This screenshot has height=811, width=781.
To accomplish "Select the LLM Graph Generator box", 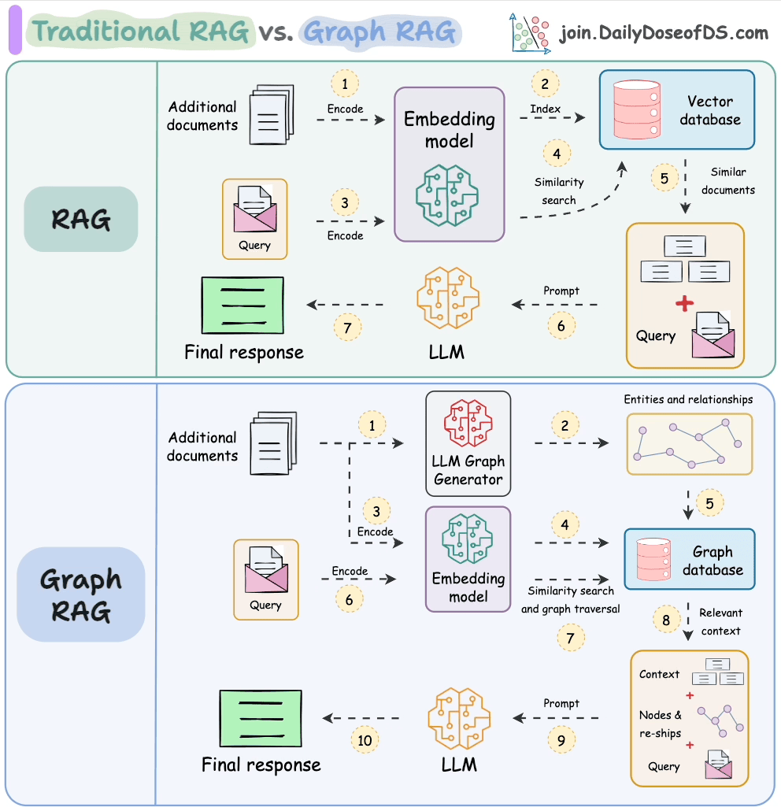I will click(468, 443).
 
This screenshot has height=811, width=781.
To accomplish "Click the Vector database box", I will click(676, 109).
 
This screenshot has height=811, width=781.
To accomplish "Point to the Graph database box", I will click(689, 560).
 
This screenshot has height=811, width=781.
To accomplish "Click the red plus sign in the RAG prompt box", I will click(685, 303).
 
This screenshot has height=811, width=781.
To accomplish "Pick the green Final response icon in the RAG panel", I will click(242, 305).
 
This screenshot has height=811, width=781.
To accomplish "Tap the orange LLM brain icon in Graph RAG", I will click(459, 717).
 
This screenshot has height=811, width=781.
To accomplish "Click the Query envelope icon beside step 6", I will click(265, 570).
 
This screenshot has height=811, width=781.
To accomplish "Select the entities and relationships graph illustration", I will click(689, 444).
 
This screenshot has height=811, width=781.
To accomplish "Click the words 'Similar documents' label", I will click(727, 180).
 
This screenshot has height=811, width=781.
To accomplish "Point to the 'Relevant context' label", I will click(720, 621).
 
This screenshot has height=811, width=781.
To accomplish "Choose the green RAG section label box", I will click(80, 219).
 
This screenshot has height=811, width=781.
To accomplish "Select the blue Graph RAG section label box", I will click(80, 594).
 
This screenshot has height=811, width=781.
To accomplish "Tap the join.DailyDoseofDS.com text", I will click(664, 32).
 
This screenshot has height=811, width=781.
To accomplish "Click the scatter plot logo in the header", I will click(529, 32).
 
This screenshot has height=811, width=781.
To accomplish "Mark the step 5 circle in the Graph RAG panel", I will click(709, 502).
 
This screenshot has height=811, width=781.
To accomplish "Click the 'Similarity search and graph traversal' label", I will click(570, 599).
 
